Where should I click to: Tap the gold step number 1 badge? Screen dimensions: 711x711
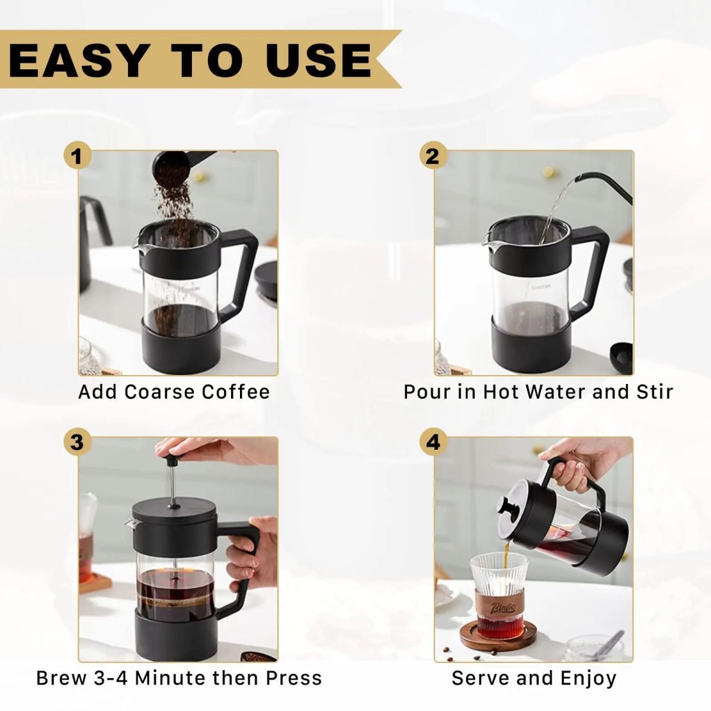click(x=77, y=156)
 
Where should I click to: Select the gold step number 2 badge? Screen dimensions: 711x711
click(x=433, y=156)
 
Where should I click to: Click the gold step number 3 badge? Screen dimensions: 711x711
click(x=77, y=442)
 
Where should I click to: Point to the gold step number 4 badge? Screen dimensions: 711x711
click(x=433, y=442)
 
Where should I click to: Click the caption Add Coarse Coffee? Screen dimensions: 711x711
click(x=174, y=392)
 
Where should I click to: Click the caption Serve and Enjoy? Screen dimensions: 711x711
click(x=533, y=678)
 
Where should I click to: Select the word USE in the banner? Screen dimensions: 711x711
click(x=320, y=60)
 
